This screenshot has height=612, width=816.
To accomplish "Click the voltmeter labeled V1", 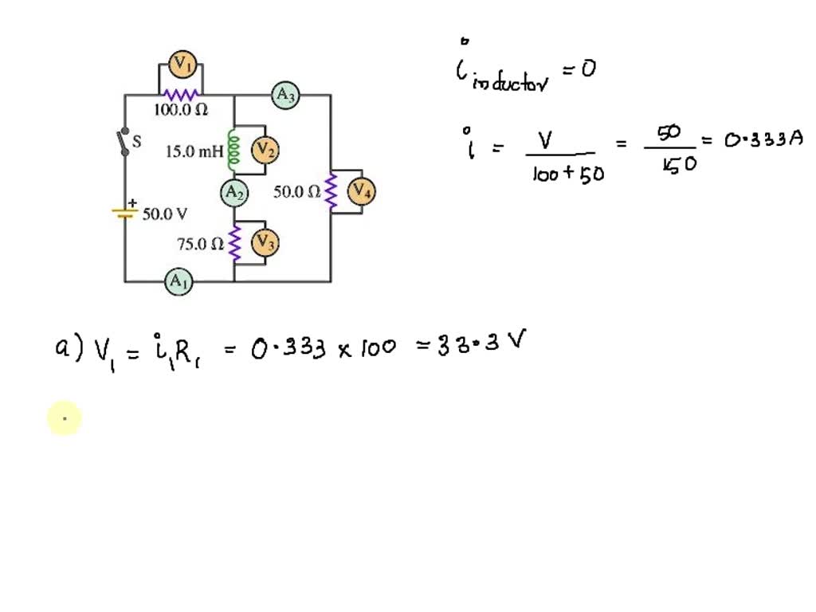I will click(x=183, y=64).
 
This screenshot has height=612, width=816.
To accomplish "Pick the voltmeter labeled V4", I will click(x=362, y=191).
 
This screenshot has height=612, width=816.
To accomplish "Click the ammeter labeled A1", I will click(x=178, y=281).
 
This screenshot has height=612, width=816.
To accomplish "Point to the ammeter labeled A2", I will click(x=234, y=192).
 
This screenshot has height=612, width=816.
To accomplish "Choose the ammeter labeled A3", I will click(x=285, y=96).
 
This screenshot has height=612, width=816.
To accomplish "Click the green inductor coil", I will click(x=234, y=150).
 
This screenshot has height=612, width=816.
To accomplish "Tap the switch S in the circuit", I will click(x=125, y=141).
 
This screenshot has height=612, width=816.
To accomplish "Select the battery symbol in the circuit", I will click(x=125, y=212).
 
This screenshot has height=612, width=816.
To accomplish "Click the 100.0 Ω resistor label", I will click(x=180, y=111).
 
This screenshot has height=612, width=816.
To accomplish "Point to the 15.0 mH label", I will click(x=194, y=151).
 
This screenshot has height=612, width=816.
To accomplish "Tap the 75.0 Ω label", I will click(x=200, y=245).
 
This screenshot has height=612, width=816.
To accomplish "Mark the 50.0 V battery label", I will click(x=165, y=214).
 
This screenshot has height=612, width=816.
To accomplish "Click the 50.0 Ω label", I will click(x=297, y=192).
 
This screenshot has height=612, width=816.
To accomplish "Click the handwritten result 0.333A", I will click(x=763, y=140).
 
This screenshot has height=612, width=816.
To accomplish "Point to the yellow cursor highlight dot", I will click(x=65, y=418).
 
